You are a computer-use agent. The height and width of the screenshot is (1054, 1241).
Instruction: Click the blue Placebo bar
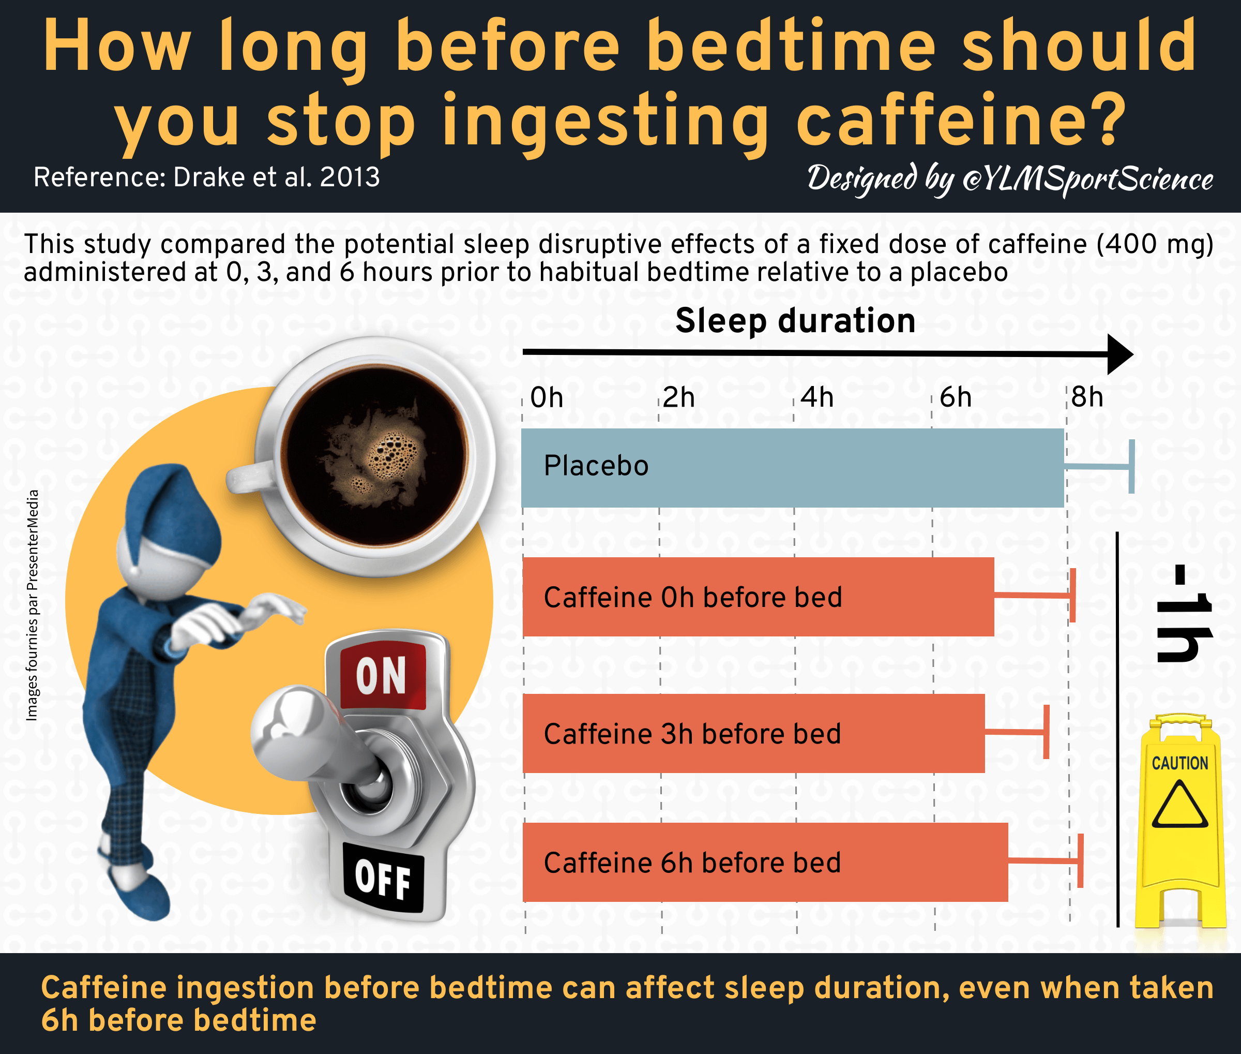793,468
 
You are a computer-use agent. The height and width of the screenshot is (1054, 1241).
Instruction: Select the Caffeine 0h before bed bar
759,597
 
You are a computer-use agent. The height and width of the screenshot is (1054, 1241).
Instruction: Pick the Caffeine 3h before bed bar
754,733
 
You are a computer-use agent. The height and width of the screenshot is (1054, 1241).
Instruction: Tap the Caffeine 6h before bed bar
765,862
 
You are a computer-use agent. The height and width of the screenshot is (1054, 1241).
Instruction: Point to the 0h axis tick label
547,397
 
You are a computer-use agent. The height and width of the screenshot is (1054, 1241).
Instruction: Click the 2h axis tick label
679,397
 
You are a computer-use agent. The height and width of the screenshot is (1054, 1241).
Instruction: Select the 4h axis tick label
817,397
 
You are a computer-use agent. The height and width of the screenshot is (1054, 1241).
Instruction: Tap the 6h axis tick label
956,397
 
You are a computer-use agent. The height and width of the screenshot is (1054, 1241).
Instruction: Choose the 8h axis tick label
1087,397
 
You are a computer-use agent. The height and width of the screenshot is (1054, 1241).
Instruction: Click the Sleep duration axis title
795,321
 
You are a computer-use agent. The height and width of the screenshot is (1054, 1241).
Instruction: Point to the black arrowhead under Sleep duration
1121,354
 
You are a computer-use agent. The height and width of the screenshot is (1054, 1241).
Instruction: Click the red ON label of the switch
382,675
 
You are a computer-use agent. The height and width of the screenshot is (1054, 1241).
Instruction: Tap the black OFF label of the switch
383,879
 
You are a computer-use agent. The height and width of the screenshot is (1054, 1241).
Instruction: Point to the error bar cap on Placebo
1131,467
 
